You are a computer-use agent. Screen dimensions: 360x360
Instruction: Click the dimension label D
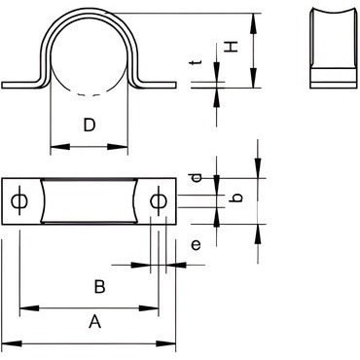(90, 126)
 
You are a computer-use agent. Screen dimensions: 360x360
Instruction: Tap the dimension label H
(232, 47)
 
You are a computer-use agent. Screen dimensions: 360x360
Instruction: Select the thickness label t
(197, 62)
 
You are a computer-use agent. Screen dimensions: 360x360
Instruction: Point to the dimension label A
(94, 321)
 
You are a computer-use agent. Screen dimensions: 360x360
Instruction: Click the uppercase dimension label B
(99, 287)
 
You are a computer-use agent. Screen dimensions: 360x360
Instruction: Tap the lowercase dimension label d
(197, 177)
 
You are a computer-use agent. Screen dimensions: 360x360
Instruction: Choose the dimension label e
(196, 245)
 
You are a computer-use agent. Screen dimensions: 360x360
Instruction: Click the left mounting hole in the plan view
(19, 201)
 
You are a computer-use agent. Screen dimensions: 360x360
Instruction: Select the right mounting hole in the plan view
(159, 201)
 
